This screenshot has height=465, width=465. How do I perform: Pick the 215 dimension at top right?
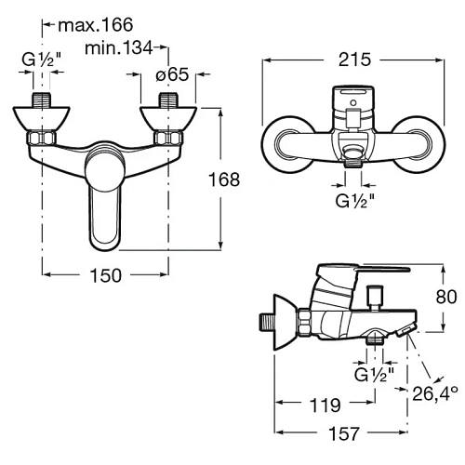(356, 60)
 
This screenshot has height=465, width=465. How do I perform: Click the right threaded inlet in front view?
(168, 100)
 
